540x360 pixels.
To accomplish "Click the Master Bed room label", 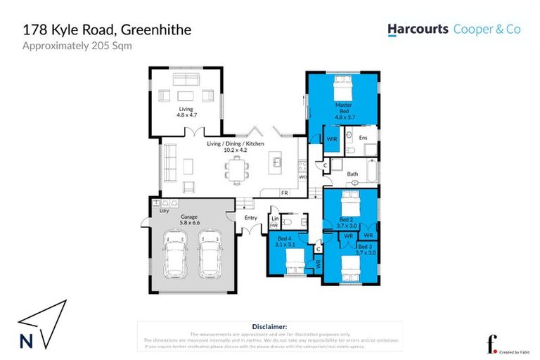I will [x=343, y=108].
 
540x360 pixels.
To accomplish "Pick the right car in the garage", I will [x=210, y=255].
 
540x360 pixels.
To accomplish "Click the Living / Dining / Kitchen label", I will [x=235, y=146].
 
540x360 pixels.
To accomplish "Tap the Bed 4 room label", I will [x=285, y=242].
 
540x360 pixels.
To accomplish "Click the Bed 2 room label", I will [x=345, y=222].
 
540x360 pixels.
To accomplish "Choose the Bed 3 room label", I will [x=366, y=250].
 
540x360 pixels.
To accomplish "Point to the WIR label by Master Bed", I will [x=332, y=139].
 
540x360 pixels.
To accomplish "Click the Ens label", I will [x=364, y=139].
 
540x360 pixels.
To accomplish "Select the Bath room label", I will [x=352, y=173].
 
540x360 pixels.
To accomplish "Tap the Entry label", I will [x=251, y=217].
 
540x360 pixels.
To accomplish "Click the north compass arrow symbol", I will [x=42, y=324].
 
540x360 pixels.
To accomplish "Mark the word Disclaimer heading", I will [x=269, y=327].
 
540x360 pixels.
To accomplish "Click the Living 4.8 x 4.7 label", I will [x=186, y=112].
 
